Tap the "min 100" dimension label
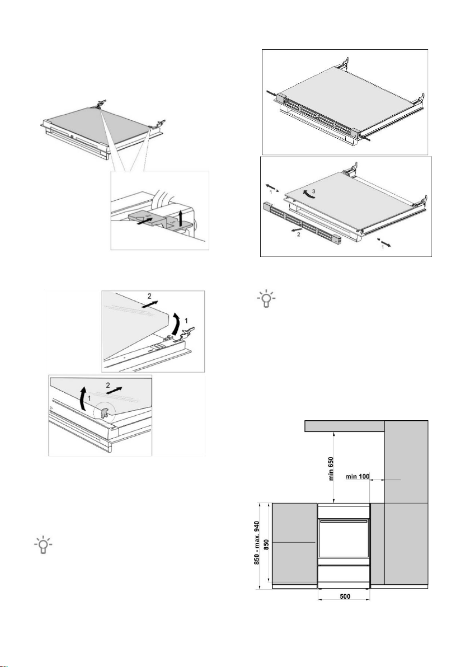pos(359,476)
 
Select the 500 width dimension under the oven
pos(345,596)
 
